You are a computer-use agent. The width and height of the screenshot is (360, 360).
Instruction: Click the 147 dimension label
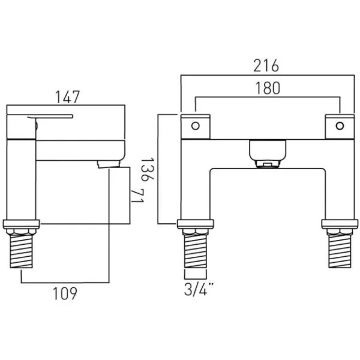(70, 96)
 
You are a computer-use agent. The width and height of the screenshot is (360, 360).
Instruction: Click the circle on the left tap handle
(195, 126)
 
